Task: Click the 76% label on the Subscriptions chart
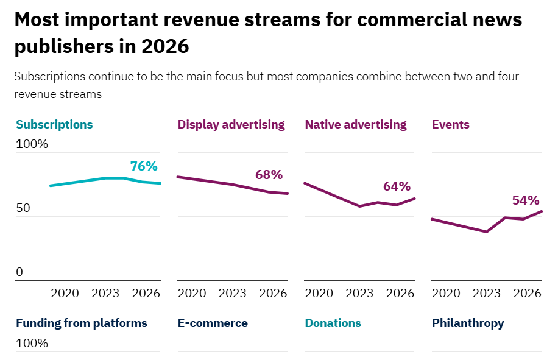(x=144, y=166)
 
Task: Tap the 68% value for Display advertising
(x=269, y=175)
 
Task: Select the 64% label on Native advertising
(x=397, y=186)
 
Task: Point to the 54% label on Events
(x=526, y=200)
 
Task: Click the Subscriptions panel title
(x=54, y=124)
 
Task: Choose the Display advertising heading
(x=231, y=124)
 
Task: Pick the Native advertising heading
(x=355, y=124)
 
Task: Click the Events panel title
(x=450, y=124)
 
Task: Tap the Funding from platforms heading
(x=82, y=323)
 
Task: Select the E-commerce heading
(x=213, y=323)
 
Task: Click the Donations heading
(x=333, y=323)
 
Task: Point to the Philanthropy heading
(x=468, y=323)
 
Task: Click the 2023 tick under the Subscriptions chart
(x=105, y=293)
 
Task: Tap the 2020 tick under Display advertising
(x=192, y=293)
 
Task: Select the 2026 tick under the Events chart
(x=528, y=293)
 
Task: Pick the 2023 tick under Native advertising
(x=359, y=293)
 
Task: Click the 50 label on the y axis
(x=23, y=208)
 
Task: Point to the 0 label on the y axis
(x=19, y=272)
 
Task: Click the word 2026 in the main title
(x=165, y=46)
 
